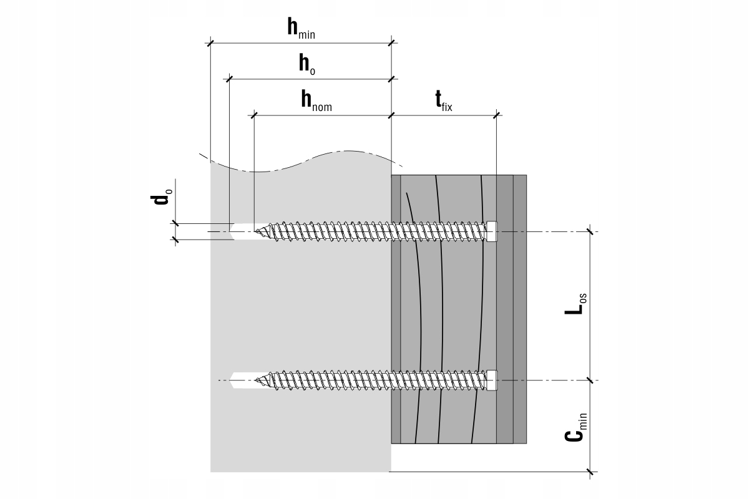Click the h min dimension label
click(301, 29)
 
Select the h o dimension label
click(307, 64)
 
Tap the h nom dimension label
click(316, 100)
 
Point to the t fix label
click(444, 100)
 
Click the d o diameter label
click(162, 195)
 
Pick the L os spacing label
click(575, 304)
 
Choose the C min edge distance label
click(575, 427)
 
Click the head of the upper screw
click(492, 231)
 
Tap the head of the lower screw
click(492, 380)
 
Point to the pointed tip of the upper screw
click(255, 231)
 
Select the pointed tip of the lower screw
click(255, 380)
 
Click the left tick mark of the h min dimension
click(210, 43)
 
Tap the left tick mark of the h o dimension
click(229, 79)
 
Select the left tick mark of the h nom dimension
click(254, 115)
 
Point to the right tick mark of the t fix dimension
click(497, 115)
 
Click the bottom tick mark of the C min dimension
click(590, 472)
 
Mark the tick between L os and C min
click(590, 380)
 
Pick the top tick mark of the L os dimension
click(590, 231)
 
